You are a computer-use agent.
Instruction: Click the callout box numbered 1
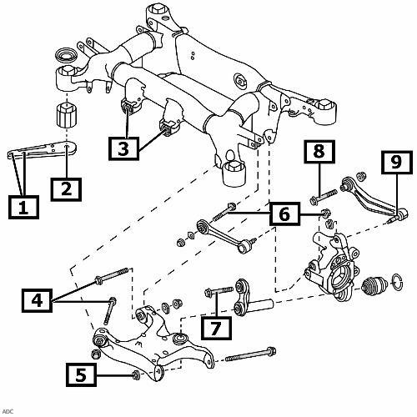point(23,207)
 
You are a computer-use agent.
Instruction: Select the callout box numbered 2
point(66,189)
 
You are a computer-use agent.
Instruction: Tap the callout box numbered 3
point(123,148)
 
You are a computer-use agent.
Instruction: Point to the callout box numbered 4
point(37,300)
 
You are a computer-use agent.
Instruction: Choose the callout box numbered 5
point(81,374)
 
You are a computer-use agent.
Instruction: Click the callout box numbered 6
point(285,214)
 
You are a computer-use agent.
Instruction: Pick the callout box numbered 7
point(216,328)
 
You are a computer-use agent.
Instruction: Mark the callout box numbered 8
point(319,152)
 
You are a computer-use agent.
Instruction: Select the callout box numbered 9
point(396,163)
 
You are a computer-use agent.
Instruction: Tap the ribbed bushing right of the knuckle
point(374,285)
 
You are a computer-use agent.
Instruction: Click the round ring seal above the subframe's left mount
point(66,56)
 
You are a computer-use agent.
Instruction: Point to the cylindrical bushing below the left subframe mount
point(67,115)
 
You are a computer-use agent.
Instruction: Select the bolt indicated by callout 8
point(323,197)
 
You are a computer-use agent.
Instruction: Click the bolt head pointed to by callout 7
point(208,293)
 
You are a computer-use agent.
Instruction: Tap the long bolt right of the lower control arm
point(250,354)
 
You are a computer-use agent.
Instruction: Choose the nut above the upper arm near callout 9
point(360,176)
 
